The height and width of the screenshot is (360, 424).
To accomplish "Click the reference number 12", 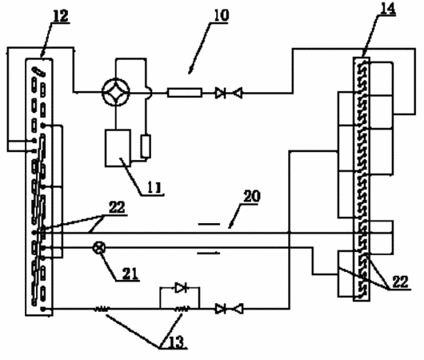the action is tap(61, 16).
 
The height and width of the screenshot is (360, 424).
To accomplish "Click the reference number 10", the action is tap(222, 15).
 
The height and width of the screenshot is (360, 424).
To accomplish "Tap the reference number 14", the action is tap(388, 9).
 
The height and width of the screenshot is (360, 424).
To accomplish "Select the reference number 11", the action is tap(154, 187).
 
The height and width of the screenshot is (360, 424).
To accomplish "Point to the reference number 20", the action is tap(252, 197).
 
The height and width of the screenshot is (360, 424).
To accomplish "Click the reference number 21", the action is tap(130, 274).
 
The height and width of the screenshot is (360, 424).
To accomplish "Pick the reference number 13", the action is tap(176, 342).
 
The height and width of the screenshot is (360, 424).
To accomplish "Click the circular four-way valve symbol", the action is tap(116, 92).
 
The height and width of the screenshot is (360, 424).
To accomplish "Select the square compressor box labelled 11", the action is tap(118, 148).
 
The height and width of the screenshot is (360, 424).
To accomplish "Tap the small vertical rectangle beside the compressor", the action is tap(146, 146).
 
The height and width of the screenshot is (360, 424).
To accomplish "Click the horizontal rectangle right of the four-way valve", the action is tap(185, 93).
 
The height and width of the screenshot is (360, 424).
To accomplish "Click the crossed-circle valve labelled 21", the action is tap(99, 248).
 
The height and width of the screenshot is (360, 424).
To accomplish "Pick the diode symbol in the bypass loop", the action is tap(181, 288).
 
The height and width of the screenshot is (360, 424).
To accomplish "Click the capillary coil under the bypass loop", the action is tap(182, 309).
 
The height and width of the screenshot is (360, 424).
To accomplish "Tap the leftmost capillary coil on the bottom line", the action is tap(102, 309).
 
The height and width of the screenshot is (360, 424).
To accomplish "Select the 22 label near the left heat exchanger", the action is tap(117, 208).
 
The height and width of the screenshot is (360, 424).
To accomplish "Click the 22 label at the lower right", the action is tap(400, 282).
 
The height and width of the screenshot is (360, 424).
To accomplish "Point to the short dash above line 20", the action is tap(209, 224).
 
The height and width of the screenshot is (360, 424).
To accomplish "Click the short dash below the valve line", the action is tap(209, 253).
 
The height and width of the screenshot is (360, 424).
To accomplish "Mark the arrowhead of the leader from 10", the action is tap(190, 72).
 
